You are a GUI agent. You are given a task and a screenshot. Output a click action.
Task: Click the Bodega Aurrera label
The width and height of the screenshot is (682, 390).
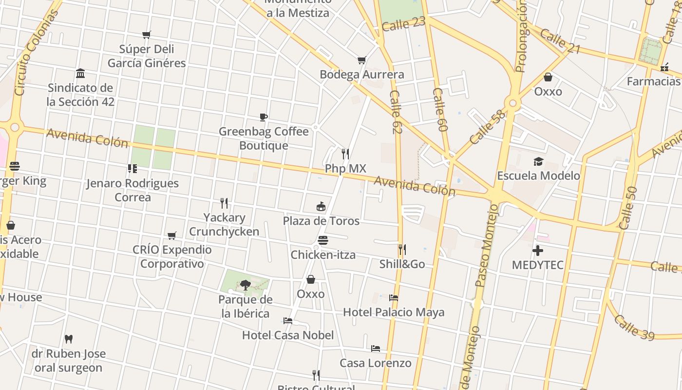pyautogui.click(x=361, y=75)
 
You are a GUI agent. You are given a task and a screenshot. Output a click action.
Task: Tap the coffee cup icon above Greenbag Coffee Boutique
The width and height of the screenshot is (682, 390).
pyautogui.click(x=264, y=117)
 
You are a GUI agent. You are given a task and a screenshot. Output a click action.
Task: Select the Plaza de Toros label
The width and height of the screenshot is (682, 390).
pyautogui.click(x=321, y=221)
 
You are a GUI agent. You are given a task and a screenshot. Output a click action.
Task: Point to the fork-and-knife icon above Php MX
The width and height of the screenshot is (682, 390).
pyautogui.click(x=345, y=154)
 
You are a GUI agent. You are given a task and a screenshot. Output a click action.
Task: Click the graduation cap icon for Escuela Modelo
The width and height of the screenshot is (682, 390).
pyautogui.click(x=538, y=161)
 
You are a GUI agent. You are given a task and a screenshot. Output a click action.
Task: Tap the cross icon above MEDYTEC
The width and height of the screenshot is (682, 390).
pyautogui.click(x=538, y=251)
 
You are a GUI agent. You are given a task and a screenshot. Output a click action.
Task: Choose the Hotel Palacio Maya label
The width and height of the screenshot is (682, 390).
pyautogui.click(x=394, y=312)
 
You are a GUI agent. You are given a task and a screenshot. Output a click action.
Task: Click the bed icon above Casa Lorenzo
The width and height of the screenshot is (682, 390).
pyautogui.click(x=376, y=349)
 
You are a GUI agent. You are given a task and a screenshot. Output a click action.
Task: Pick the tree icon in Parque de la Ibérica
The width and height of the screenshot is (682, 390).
pyautogui.click(x=245, y=285)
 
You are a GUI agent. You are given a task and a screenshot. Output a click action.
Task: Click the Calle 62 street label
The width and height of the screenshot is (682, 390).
pyautogui.click(x=396, y=112)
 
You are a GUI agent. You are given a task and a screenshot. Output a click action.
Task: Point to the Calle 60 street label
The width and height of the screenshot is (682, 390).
pyautogui.click(x=440, y=110)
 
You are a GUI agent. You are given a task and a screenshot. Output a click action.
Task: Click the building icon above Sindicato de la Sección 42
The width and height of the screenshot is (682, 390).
pyautogui.click(x=80, y=74)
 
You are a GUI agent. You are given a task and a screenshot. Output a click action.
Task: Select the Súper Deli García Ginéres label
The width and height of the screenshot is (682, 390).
pyautogui.click(x=147, y=56)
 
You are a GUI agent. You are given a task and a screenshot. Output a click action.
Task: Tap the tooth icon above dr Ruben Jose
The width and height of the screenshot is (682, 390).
pyautogui.click(x=69, y=339)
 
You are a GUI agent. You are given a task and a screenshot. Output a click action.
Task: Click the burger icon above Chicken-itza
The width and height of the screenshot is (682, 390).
pyautogui.click(x=322, y=240)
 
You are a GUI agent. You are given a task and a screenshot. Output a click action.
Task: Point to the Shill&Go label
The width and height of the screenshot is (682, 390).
pyautogui.click(x=402, y=264)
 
